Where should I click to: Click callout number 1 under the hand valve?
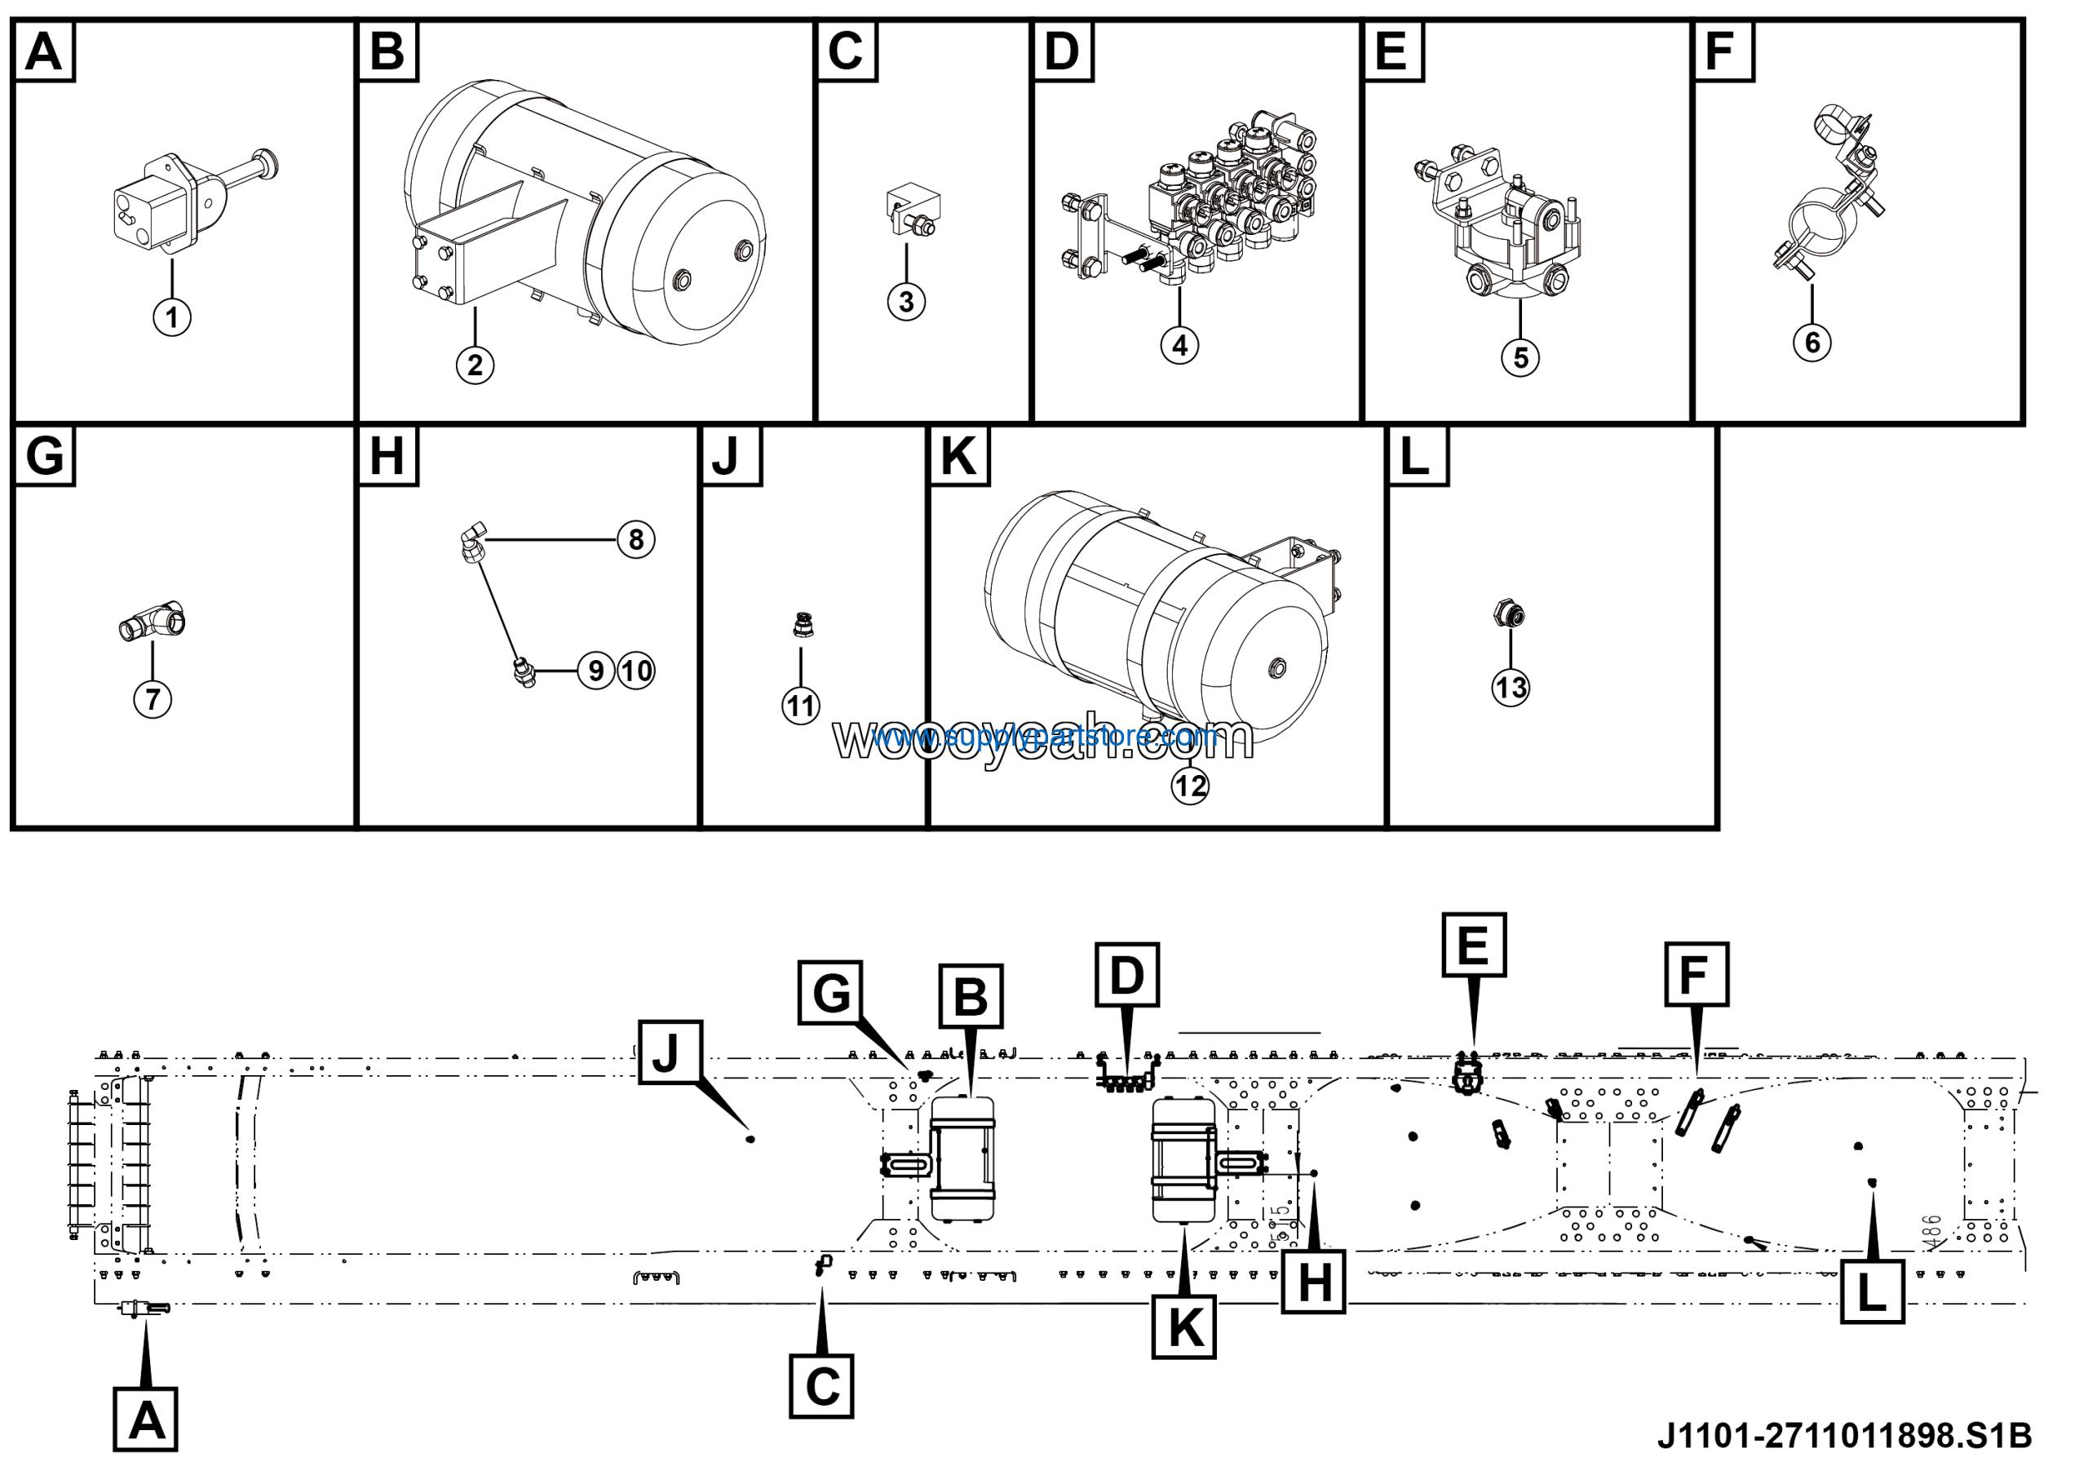coord(172,317)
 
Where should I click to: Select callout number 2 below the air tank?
coord(475,365)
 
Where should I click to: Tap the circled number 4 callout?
coord(1179,346)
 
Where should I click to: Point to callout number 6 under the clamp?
coord(1812,342)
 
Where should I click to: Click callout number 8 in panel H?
coord(635,539)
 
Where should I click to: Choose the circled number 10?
coord(636,671)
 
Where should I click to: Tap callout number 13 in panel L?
coord(1510,687)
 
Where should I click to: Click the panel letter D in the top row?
coord(1062,51)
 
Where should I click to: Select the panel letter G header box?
coord(45,454)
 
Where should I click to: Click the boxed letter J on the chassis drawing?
coord(670,1052)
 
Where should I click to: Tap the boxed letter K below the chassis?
coord(1184,1327)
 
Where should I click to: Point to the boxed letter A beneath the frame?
coord(145,1420)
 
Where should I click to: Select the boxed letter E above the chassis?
coord(1473,945)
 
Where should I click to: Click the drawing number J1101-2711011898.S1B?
coord(1843,1437)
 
